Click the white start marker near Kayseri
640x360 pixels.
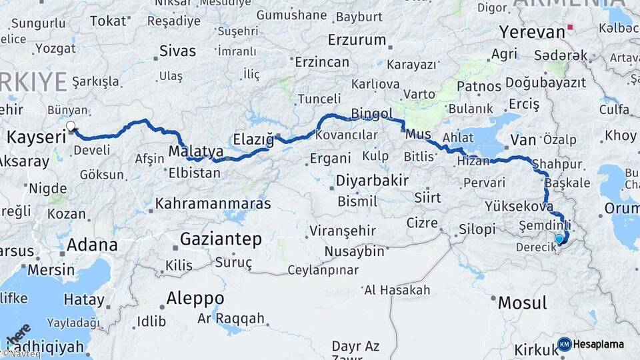pyautogui.click(x=71, y=125)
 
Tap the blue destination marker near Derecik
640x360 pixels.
pyautogui.click(x=559, y=239)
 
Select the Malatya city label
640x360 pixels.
pyautogui.click(x=195, y=151)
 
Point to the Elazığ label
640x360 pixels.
pyautogui.click(x=253, y=139)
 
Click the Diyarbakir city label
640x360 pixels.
pyautogui.click(x=372, y=180)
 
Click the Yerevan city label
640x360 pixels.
pyautogui.click(x=531, y=31)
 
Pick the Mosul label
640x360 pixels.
pyautogui.click(x=522, y=303)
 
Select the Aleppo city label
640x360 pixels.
pyautogui.click(x=195, y=297)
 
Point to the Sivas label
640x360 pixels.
pyautogui.click(x=178, y=51)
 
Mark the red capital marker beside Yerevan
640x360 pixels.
pyautogui.click(x=570, y=29)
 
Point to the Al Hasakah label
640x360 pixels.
pyautogui.click(x=397, y=290)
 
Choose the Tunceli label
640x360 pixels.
pyautogui.click(x=319, y=99)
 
